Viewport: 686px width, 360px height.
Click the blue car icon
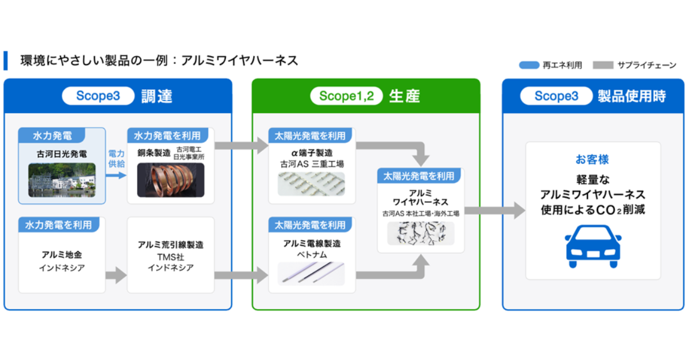point(593,246)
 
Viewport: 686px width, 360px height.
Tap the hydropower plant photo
point(62,180)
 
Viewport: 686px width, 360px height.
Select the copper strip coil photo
point(170,180)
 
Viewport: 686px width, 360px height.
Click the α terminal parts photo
point(311,184)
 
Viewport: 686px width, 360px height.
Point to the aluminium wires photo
point(311,273)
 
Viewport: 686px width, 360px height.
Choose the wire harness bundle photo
point(421,233)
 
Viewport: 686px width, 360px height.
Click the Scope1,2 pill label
point(346,96)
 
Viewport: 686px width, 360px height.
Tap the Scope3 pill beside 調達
point(98,96)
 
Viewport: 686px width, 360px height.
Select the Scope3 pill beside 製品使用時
point(556,96)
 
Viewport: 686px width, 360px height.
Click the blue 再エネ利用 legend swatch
point(529,65)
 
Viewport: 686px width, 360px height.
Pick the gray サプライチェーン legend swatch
point(603,65)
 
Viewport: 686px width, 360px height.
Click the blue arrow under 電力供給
point(116,175)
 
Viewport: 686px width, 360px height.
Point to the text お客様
point(592,159)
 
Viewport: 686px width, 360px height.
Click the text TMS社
point(170,257)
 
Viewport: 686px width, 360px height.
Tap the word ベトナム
point(312,254)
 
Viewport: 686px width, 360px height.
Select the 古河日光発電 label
point(62,154)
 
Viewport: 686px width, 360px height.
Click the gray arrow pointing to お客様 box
point(495,210)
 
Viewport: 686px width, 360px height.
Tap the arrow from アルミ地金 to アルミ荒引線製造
point(116,275)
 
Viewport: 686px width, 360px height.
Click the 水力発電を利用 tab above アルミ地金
point(58,225)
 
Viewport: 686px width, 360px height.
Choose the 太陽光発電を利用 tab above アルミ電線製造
point(310,225)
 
